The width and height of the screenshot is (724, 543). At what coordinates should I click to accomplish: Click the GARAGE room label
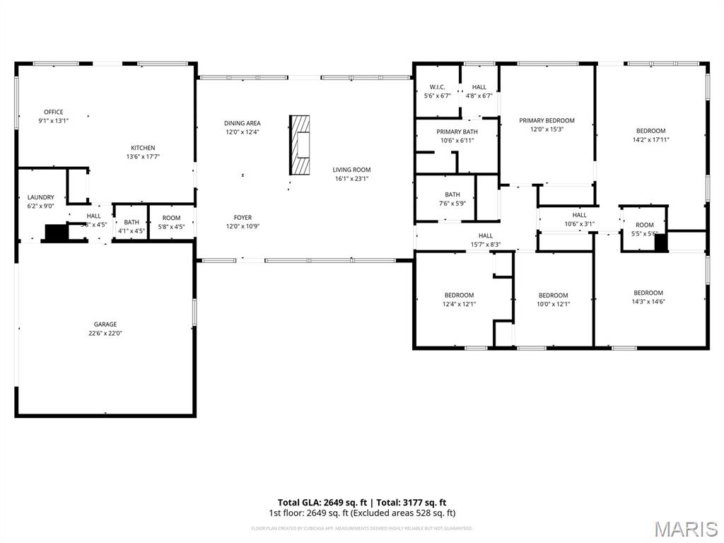pos(105,325)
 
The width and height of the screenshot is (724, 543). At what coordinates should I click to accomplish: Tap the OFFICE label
pos(54,112)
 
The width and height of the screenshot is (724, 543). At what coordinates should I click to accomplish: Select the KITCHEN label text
pos(143,148)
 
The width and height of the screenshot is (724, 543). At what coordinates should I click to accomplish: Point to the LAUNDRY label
pos(40,197)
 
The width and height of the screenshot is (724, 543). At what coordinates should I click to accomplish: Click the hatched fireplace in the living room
pos(300,145)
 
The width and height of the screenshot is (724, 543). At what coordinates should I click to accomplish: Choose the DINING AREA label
pos(243,123)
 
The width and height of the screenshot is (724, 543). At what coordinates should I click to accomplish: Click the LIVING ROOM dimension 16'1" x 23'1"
pos(352,179)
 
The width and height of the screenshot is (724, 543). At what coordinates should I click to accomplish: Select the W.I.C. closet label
pos(437,87)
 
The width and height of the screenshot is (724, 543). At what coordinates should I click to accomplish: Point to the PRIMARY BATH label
pos(457,132)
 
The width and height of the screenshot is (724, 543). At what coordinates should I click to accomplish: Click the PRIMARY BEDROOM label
pos(547,120)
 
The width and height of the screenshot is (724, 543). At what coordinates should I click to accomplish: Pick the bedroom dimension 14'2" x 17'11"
pos(650,140)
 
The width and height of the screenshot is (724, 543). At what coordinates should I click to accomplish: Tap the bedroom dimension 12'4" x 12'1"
pos(459,304)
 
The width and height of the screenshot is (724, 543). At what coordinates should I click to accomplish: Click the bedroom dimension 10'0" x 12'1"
pos(553,305)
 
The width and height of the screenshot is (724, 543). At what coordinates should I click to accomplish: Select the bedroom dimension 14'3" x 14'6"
pos(648,302)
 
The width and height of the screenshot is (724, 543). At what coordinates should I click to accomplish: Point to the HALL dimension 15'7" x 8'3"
pos(486,245)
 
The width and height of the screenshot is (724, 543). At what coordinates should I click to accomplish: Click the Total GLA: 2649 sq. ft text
pos(317,503)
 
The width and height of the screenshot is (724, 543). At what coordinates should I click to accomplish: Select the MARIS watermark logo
pos(686,529)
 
